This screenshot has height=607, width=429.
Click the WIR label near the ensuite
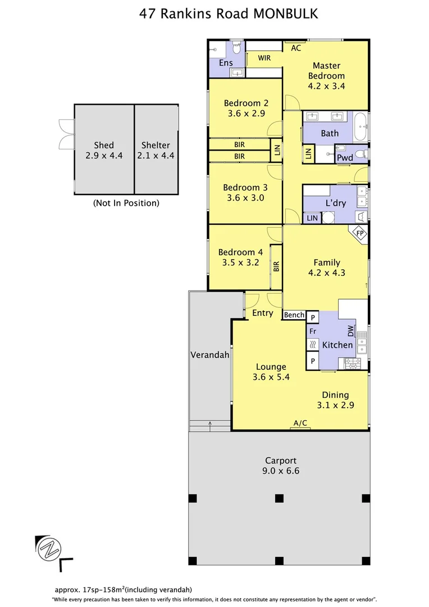pos(264,58)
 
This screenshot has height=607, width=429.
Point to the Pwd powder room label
pos(345,158)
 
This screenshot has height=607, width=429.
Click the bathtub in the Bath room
pos(360,127)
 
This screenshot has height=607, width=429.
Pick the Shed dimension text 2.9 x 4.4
pos(104,155)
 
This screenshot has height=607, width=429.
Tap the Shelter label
pos(156,145)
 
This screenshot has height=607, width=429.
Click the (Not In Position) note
pos(126,203)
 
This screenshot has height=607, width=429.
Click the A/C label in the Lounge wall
pos(300,423)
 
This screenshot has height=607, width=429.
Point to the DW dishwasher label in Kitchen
pos(350,331)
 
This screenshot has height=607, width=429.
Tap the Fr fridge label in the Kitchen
pos(312,332)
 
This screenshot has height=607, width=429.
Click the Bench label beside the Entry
pos(294,315)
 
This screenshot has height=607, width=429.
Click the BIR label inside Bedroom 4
pos(276,267)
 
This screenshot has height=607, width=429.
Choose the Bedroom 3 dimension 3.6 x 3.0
pos(245,198)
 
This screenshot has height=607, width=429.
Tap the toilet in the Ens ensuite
pos(237,49)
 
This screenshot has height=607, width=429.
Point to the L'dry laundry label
pos(336,203)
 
